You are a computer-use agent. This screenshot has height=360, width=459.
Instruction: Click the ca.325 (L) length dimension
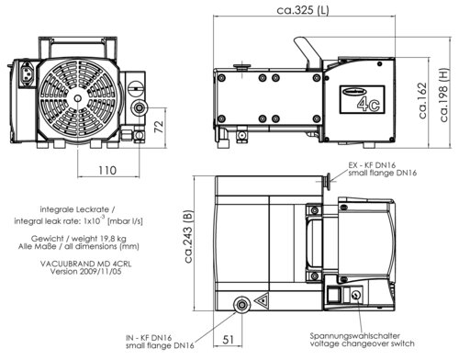(x=303, y=10)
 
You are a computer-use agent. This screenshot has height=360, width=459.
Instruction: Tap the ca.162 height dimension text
(x=423, y=101)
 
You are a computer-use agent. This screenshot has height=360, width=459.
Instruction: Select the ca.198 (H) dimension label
(x=444, y=95)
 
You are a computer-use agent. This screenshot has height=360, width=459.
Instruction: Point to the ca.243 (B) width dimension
(x=188, y=236)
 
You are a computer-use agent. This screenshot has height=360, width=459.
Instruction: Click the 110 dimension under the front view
(x=107, y=170)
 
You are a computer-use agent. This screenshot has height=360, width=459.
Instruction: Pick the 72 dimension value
(x=159, y=127)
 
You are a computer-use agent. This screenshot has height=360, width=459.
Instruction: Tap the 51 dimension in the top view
(x=228, y=340)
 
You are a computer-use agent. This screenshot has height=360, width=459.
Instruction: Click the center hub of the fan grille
(x=78, y=98)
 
